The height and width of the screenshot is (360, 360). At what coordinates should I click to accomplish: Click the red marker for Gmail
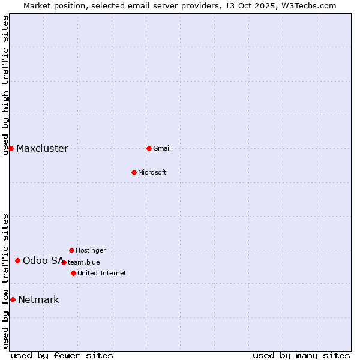click(149, 148)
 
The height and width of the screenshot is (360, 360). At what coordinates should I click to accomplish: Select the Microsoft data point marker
click(134, 172)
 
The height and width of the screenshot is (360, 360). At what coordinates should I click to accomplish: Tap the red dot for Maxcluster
click(11, 148)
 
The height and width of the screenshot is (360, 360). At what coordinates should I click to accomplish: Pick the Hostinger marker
click(71, 250)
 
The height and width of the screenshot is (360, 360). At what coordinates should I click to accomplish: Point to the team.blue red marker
click(64, 262)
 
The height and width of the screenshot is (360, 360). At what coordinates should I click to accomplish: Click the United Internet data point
click(73, 273)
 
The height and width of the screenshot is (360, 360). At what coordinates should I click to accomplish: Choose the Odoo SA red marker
click(17, 260)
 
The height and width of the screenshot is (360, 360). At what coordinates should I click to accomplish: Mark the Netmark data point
click(13, 299)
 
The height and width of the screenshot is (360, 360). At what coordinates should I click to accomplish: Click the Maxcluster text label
click(42, 149)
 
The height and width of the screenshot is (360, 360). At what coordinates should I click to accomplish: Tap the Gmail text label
click(162, 148)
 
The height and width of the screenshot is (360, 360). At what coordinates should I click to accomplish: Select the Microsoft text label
click(152, 172)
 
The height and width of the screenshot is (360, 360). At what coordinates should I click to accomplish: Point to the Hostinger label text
click(91, 250)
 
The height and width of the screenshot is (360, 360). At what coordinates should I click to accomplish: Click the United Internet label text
click(101, 273)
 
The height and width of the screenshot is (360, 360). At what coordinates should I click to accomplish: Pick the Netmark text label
click(38, 300)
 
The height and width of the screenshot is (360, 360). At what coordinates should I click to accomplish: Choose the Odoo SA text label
click(43, 260)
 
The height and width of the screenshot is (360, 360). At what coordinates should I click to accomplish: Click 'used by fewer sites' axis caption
click(62, 355)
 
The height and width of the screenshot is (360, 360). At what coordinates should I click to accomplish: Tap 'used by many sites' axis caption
click(301, 355)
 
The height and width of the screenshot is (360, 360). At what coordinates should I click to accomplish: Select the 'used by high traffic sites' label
click(6, 85)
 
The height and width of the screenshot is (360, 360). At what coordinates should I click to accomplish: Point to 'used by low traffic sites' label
click(6, 280)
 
